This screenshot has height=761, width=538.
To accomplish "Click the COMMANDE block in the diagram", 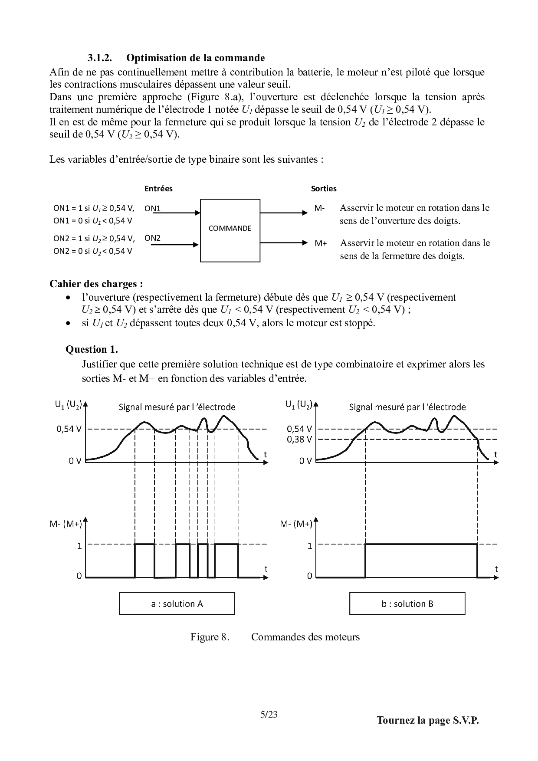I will click(230, 229).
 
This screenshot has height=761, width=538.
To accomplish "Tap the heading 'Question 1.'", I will click(92, 349).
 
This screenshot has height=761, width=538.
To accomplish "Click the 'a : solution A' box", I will click(177, 604).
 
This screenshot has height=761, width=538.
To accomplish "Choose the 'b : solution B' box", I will click(407, 604).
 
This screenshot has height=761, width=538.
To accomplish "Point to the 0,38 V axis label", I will click(299, 439).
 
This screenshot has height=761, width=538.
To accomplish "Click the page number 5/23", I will click(269, 715).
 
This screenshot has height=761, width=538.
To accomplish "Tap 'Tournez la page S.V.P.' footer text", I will click(427, 721).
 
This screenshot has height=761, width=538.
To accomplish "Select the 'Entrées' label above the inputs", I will click(158, 189).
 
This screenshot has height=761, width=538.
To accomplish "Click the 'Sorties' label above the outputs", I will click(324, 189).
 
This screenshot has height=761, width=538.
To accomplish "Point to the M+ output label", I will click(321, 243).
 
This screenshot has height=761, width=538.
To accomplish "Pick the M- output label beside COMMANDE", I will click(319, 208).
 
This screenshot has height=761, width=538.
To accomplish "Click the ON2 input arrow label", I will click(152, 238).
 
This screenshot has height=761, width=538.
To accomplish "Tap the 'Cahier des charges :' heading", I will click(96, 284).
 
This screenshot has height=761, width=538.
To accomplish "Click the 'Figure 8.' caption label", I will click(210, 637).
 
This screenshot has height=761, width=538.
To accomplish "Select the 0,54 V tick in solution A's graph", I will click(69, 429).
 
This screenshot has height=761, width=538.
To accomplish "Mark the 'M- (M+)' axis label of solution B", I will click(296, 524).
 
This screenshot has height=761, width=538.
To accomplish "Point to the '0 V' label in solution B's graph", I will click(305, 461).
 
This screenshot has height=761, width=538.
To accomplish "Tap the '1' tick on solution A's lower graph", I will click(79, 546).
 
